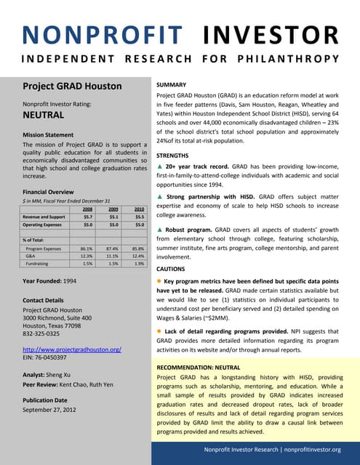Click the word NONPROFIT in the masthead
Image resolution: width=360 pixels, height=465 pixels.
tap(102, 35)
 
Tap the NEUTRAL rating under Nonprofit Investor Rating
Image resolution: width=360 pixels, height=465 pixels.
tap(44, 115)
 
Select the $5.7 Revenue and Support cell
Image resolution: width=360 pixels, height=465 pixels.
tap(87, 217)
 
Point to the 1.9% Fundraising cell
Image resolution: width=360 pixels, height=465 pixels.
tap(138, 264)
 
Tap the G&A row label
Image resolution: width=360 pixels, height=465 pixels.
tap(31, 256)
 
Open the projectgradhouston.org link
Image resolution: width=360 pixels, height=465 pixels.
tap(71, 349)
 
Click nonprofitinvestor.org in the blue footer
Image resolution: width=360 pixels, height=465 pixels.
tap(305, 449)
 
